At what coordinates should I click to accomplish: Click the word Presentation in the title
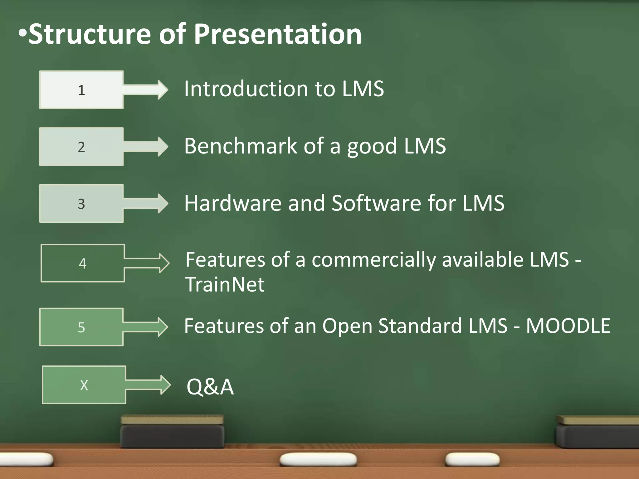coord(278,34)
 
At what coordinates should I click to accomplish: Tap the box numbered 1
coord(81,90)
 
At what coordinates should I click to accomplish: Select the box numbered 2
coord(81,147)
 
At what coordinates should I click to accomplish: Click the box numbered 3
coord(81,204)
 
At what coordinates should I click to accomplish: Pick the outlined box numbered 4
coord(83,263)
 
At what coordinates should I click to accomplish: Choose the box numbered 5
coord(81,327)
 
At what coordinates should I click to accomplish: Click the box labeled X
coord(84,385)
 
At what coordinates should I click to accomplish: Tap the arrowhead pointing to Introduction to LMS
coord(162,90)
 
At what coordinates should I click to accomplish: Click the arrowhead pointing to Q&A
coord(165,385)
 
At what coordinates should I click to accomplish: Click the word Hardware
coord(233,203)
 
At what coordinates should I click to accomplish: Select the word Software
coord(376,203)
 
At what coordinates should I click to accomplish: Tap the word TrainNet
coord(225,284)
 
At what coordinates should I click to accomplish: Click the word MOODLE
coord(568,326)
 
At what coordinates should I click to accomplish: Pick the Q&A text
coord(210,387)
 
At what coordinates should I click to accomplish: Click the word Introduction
coord(246,89)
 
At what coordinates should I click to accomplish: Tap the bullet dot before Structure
coord(22,33)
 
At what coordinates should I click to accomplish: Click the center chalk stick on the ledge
coord(318,459)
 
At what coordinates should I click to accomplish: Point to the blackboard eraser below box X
coord(172,432)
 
